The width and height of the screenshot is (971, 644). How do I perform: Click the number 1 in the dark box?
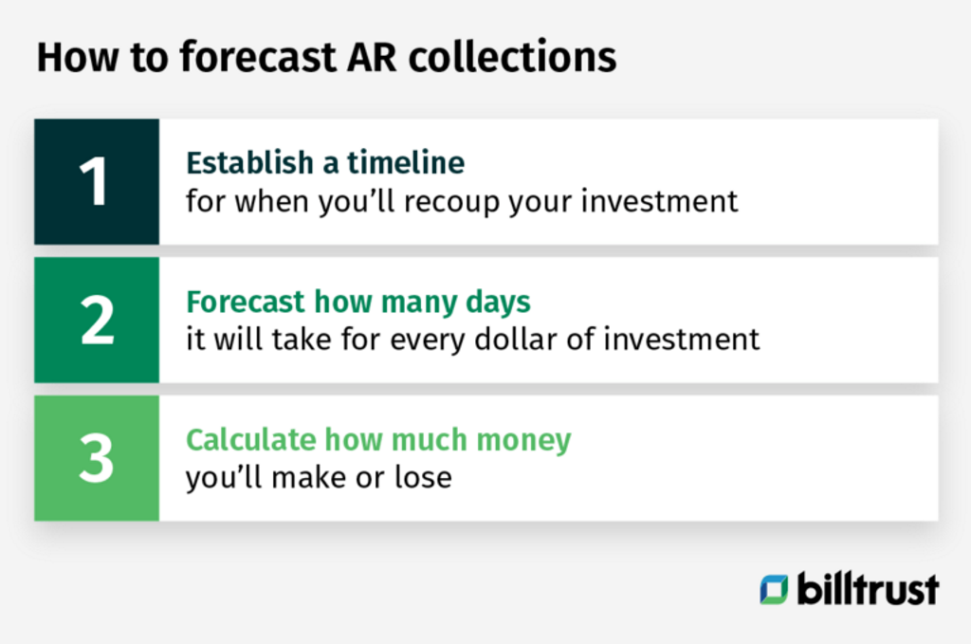(x=96, y=182)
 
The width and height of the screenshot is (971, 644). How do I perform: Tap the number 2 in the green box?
(x=96, y=321)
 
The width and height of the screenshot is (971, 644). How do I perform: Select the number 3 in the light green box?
(x=96, y=459)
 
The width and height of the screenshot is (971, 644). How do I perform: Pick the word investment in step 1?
(x=673, y=202)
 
